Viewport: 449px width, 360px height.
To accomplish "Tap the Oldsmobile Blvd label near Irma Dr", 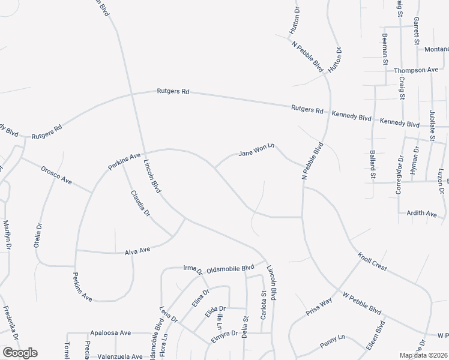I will (226, 269).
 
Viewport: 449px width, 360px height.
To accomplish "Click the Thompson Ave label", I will (416, 70).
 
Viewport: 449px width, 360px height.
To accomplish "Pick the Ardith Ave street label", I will (422, 213).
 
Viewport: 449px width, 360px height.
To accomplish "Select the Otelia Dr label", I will (38, 236).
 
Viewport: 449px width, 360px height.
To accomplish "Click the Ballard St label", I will (373, 165).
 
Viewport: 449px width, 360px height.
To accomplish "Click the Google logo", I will (20, 353).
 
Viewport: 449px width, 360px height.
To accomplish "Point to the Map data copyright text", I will (424, 355).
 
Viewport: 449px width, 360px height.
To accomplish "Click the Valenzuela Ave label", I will (121, 356).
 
